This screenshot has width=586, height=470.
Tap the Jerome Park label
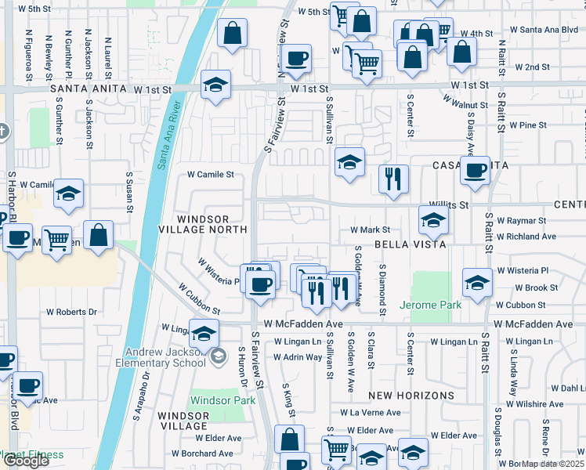click(x=430, y=304)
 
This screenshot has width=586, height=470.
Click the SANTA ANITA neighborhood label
click(x=89, y=90)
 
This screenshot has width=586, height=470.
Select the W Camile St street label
click(x=209, y=175)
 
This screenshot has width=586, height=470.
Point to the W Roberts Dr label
click(x=71, y=311)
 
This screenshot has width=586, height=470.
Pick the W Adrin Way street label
click(x=298, y=357)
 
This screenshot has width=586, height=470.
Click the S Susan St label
click(x=128, y=193)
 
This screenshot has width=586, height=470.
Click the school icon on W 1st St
click(x=215, y=86)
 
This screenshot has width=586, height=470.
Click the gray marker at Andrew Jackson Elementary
click(x=219, y=357)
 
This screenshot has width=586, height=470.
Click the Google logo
click(x=27, y=461)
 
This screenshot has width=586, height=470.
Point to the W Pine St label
click(x=527, y=125)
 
